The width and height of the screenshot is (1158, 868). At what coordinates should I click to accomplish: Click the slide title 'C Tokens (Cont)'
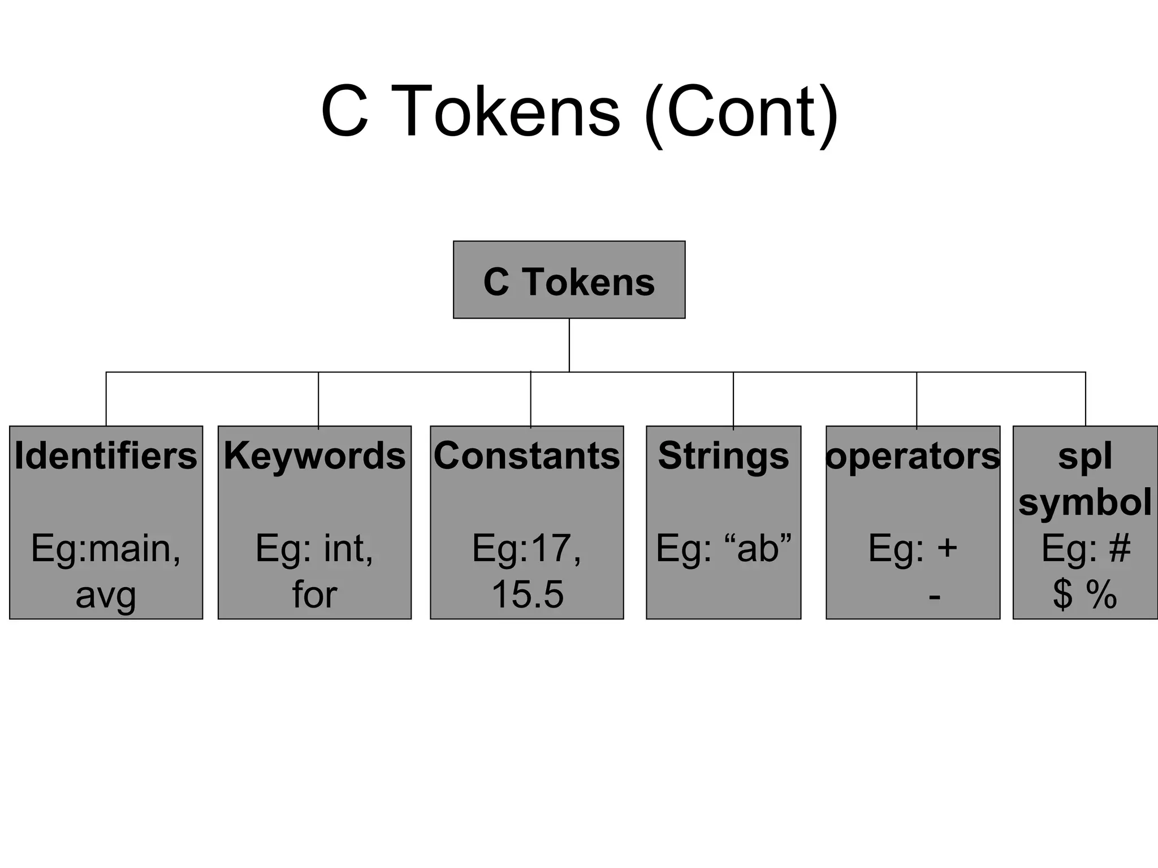[x=579, y=111]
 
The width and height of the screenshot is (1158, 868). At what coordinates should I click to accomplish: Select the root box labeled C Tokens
[x=569, y=280]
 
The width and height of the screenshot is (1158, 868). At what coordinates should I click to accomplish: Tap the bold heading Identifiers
[x=106, y=455]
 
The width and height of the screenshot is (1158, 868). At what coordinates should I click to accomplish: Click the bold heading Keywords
[x=314, y=455]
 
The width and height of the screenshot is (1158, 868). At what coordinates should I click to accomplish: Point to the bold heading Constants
[x=526, y=455]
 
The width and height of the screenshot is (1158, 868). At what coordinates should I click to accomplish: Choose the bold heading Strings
[x=723, y=455]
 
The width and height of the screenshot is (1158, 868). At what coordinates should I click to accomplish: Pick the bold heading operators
[x=913, y=455]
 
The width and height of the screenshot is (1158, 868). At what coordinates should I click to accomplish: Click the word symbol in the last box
[x=1084, y=502]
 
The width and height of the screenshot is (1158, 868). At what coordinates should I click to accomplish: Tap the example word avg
[x=106, y=596]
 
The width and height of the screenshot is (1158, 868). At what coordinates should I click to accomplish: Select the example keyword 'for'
[x=314, y=594]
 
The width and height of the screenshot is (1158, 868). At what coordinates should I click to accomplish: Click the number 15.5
[x=527, y=594]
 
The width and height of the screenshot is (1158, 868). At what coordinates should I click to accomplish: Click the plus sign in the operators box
[x=947, y=548]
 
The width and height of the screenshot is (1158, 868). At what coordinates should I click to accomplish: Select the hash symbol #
[x=1120, y=548]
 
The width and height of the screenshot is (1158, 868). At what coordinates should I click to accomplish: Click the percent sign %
[x=1101, y=594]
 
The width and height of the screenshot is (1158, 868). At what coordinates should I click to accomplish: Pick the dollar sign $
[x=1062, y=594]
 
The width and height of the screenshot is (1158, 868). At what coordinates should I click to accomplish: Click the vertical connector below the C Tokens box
[x=569, y=345]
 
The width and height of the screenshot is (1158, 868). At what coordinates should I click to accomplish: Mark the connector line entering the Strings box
[x=733, y=399]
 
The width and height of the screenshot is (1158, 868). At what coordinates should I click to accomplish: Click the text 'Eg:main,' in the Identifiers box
[x=106, y=548]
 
